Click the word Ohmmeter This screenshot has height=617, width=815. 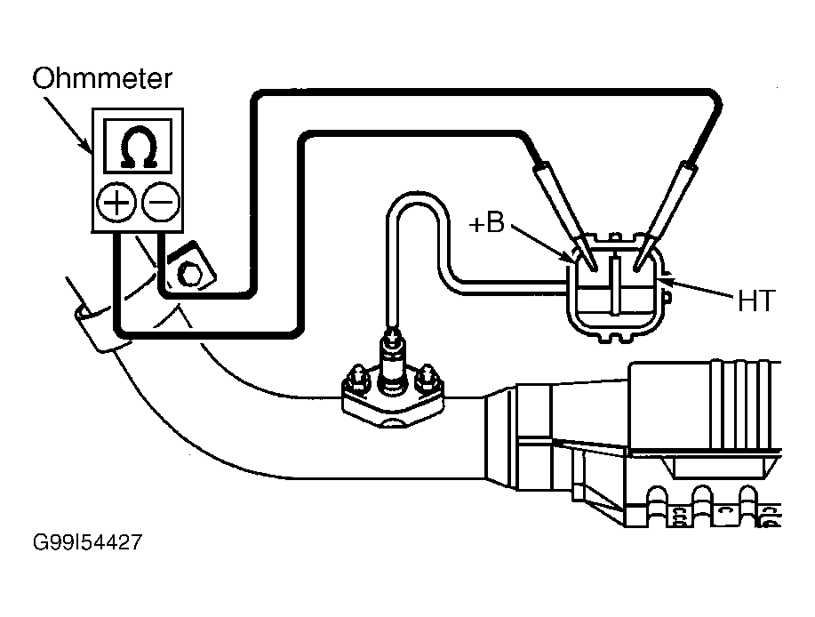tap(102, 78)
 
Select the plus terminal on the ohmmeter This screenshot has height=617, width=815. tap(116, 202)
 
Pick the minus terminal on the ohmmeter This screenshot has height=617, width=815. tap(161, 202)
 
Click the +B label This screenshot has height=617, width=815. tap(486, 223)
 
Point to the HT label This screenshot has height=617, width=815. tap(757, 300)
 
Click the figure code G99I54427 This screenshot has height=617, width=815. tap(87, 542)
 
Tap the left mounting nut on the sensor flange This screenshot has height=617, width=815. tap(357, 380)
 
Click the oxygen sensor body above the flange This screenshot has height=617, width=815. tap(393, 361)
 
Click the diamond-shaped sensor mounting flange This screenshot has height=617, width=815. tap(393, 400)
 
